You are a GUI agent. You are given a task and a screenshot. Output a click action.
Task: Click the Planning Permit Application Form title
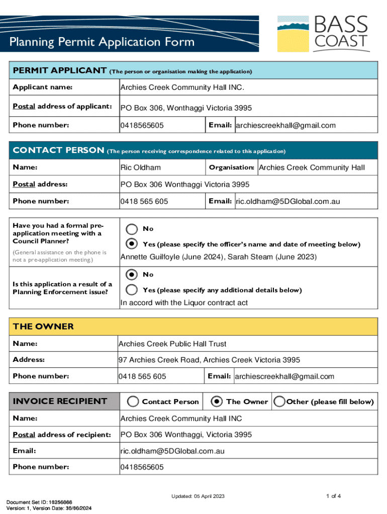point(102,42)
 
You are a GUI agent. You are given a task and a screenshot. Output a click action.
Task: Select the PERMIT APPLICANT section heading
point(59,70)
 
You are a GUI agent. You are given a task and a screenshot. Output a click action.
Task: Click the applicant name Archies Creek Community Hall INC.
point(182,87)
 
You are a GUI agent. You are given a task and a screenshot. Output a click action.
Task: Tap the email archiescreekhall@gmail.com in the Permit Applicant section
point(285,125)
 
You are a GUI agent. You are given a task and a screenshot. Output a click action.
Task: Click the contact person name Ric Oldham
point(141,167)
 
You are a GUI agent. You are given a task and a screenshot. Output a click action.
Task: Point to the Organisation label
point(231,167)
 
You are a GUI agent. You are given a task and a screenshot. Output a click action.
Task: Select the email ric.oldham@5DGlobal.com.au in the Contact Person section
point(287,201)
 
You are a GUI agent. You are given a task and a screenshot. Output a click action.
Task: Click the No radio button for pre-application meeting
point(132,229)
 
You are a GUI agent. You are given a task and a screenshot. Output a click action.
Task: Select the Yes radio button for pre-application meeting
point(132,244)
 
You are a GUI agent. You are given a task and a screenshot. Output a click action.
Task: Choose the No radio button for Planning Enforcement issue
point(132,275)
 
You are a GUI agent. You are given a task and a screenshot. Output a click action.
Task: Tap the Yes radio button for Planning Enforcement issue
point(132,290)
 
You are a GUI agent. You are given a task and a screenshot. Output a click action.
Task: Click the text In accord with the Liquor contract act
point(183,303)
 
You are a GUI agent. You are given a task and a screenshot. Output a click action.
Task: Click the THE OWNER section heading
point(43,326)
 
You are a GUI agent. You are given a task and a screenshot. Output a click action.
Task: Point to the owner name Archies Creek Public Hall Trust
point(172,344)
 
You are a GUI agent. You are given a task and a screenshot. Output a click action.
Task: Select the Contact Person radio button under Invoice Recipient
point(133,402)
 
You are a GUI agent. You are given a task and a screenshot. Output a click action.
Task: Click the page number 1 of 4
point(333,496)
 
